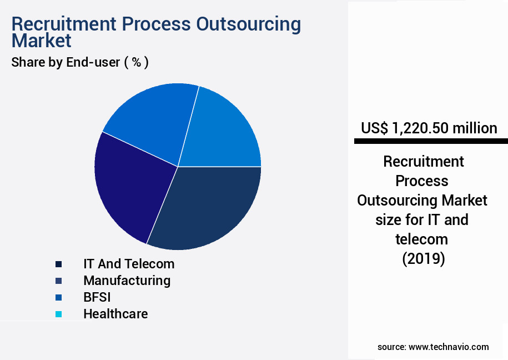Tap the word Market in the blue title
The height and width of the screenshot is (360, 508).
[41, 41]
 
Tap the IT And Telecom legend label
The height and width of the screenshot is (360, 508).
[129, 263]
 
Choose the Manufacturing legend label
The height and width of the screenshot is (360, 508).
[127, 280]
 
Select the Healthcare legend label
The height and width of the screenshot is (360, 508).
[115, 314]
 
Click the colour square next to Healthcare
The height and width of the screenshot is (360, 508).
[58, 314]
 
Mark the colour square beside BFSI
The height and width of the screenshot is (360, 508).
[58, 297]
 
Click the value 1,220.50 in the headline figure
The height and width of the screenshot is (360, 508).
[419, 128]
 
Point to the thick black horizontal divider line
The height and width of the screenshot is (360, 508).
[431, 142]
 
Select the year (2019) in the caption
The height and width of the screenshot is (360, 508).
[423, 259]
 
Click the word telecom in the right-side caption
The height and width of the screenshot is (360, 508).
[421, 239]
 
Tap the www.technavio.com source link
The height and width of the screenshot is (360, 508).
[449, 347]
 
